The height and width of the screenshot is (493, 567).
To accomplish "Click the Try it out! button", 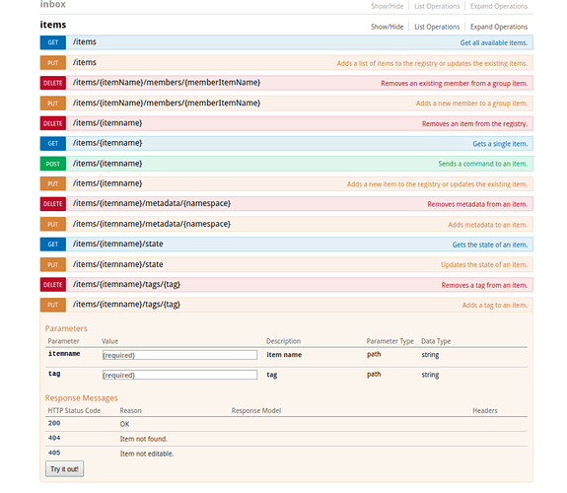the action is coord(65,468).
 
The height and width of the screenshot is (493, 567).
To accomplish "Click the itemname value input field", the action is coord(179,355).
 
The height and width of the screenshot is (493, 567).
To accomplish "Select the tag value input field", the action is coord(179,375).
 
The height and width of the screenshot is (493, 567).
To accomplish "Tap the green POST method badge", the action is coord(53,164).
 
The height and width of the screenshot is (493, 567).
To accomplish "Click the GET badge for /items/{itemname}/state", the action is coord(53,245).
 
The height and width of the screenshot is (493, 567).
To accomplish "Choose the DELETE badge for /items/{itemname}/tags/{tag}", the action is coord(53,285).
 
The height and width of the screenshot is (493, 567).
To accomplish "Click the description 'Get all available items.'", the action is coord(494,42).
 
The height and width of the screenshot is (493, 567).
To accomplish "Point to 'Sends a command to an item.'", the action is coord(483,164).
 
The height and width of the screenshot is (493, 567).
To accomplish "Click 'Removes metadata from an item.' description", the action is coord(477,204).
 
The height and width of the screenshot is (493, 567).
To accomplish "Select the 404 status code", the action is coord(54,438).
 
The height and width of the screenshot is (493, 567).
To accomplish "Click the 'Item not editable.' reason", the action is coord(147,454).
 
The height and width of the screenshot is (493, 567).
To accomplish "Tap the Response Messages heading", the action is coord(82,398).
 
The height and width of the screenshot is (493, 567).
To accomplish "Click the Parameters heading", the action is coord(66,328).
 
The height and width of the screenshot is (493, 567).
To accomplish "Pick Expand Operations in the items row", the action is coord(499,27).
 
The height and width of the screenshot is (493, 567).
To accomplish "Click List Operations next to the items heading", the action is coord(437,27).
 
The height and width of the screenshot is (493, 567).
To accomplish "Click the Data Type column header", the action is coord(436,341).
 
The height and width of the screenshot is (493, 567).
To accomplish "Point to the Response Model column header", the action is coord(256,410).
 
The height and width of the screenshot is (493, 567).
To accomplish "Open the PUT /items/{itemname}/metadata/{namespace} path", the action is coord(152,224).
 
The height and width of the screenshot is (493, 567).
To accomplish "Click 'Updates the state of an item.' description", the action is coord(484,265).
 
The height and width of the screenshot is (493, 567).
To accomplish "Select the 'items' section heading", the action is coord(53,25).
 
